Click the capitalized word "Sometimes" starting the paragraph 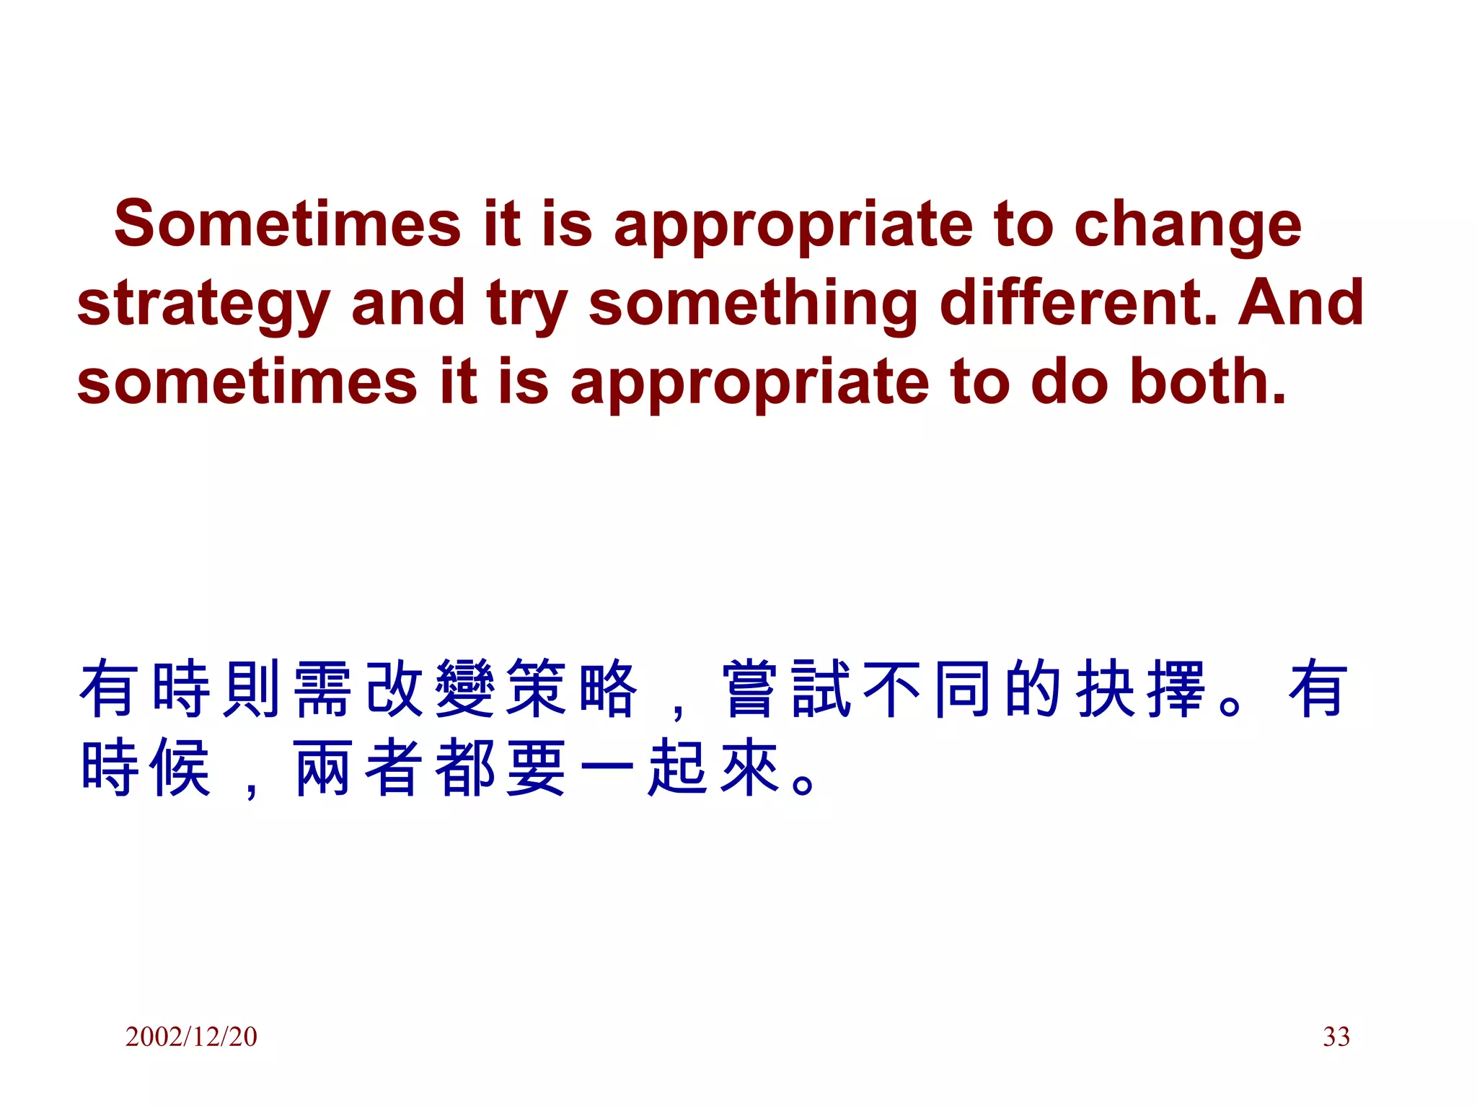point(287,224)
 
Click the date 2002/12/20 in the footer point(191,1037)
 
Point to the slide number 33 point(1336,1037)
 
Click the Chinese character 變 point(465,689)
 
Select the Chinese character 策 point(536,689)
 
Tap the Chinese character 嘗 point(750,689)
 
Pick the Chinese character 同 point(963,689)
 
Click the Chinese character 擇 point(1176,689)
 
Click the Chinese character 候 point(181,768)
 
